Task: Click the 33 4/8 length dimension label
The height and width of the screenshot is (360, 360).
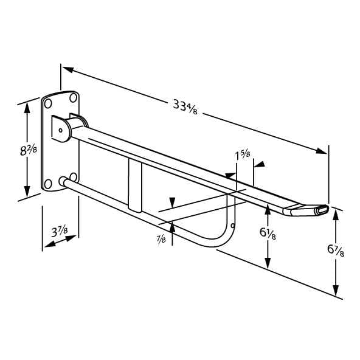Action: pos(185,106)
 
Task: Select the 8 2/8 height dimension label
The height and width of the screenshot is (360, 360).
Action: pos(29,151)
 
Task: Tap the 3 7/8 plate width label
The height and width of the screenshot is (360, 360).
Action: pos(59,232)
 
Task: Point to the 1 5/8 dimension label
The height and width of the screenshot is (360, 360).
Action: pos(243,156)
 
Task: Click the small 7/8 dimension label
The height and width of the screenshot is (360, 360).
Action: pos(161,239)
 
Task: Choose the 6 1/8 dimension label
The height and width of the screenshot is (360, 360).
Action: pos(268,234)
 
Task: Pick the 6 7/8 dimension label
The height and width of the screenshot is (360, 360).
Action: pos(336,251)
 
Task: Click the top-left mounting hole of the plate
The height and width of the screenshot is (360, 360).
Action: pos(48,103)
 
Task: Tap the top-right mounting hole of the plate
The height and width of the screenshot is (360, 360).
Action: pos(73,98)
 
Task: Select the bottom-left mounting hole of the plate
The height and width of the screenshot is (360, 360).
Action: pos(48,184)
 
